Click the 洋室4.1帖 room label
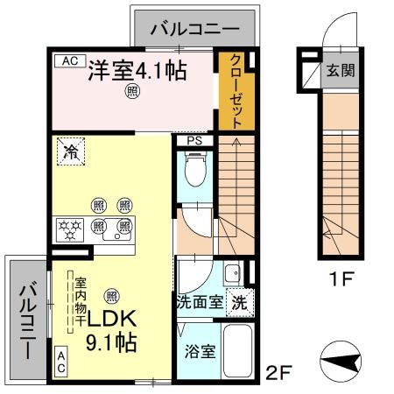[x=137, y=71]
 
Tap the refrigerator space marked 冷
[x=70, y=151]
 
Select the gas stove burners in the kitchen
[x=69, y=230]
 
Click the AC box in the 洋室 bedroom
[x=70, y=60]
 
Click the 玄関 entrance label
[x=341, y=71]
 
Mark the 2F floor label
[x=277, y=374]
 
